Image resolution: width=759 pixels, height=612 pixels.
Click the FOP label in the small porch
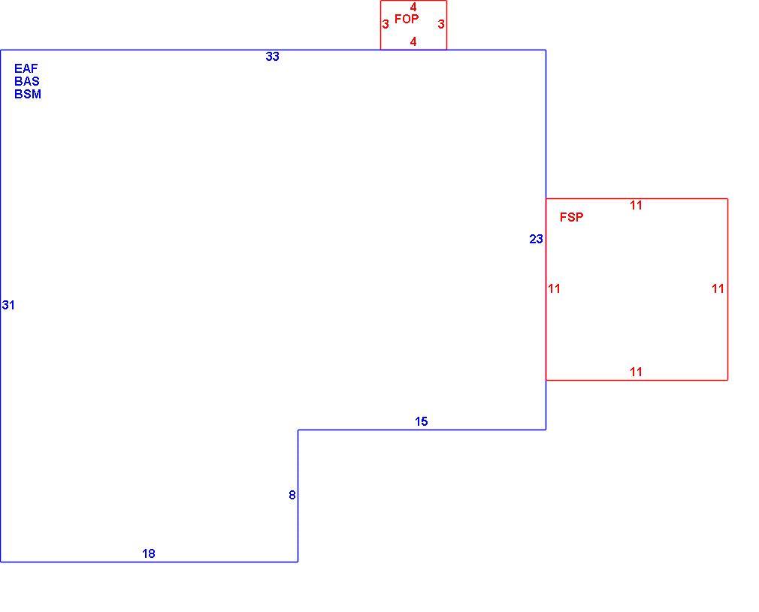[407, 19]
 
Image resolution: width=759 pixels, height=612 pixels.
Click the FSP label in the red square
[572, 217]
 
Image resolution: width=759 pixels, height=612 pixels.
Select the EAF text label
[26, 68]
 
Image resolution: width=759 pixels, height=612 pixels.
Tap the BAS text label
[27, 81]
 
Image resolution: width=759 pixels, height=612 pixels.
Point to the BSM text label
[28, 95]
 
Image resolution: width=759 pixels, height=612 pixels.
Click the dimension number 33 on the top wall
[273, 56]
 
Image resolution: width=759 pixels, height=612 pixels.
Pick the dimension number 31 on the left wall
[8, 306]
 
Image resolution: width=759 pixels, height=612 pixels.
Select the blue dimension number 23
[537, 239]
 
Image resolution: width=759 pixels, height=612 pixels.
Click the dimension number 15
[421, 422]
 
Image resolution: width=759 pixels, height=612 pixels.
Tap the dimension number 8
[292, 495]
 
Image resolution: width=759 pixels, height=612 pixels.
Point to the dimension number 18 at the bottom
[149, 553]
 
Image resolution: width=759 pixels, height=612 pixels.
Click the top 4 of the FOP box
[413, 8]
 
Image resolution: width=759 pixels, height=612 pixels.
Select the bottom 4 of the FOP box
[413, 42]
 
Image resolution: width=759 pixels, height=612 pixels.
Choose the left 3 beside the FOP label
[386, 24]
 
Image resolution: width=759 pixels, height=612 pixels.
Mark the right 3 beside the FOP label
[441, 24]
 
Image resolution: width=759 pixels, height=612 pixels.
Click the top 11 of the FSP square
[636, 206]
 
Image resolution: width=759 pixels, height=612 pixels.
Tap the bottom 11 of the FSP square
[636, 372]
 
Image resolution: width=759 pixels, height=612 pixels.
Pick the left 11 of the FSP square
[555, 289]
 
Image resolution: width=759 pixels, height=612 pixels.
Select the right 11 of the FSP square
[718, 289]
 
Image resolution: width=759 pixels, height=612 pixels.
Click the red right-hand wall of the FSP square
[727, 289]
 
